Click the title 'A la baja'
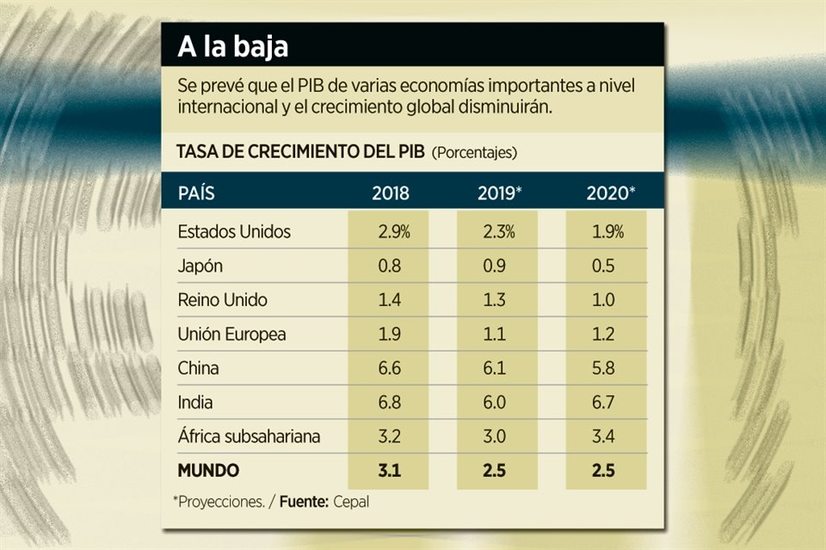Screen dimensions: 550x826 [x=232, y=48]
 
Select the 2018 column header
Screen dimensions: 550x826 [x=391, y=193]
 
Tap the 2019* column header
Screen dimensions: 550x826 [x=500, y=193]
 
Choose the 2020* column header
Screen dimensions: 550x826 [x=611, y=193]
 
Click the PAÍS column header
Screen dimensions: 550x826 [x=196, y=193]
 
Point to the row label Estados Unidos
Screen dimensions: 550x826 [x=234, y=232]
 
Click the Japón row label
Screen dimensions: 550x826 [x=200, y=266]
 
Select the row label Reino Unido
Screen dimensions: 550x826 [x=222, y=300]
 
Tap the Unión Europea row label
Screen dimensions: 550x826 [x=231, y=334]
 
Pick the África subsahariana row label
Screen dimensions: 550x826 [x=249, y=437]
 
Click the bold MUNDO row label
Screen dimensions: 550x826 [x=208, y=471]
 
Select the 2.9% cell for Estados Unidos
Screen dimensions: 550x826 [x=391, y=232]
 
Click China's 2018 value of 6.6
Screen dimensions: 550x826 [x=391, y=369]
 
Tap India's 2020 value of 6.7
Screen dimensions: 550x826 [x=605, y=402]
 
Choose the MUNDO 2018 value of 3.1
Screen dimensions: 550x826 [x=391, y=471]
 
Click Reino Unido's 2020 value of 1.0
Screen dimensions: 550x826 [x=605, y=300]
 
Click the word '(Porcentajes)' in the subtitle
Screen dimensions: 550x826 [x=474, y=153]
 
